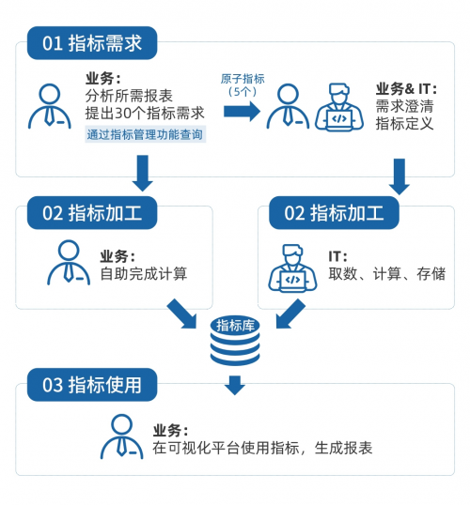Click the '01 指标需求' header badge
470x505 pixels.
pyautogui.click(x=92, y=43)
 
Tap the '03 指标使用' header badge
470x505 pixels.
pyautogui.click(x=92, y=385)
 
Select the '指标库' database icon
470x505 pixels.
pyautogui.click(x=235, y=341)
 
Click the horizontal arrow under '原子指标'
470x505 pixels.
pyautogui.click(x=242, y=112)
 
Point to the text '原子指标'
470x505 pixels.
pyautogui.click(x=243, y=79)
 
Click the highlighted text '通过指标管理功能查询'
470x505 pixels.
pyautogui.click(x=145, y=134)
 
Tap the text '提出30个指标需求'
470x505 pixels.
pyautogui.click(x=145, y=113)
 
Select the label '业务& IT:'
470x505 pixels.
pyautogui.click(x=406, y=88)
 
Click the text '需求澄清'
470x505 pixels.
pyautogui.click(x=404, y=106)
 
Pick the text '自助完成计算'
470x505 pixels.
pyautogui.click(x=144, y=274)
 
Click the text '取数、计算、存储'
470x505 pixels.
pyautogui.click(x=387, y=274)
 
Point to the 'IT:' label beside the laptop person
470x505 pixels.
pyautogui.click(x=337, y=256)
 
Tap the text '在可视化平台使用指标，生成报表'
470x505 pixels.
pyautogui.click(x=262, y=448)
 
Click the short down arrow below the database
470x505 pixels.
pyautogui.click(x=235, y=385)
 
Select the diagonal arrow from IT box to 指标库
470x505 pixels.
pyautogui.click(x=290, y=314)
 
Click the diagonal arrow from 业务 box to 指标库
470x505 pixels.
pyautogui.click(x=182, y=314)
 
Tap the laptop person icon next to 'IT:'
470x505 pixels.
pyautogui.click(x=292, y=268)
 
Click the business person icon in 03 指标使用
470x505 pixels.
pyautogui.click(x=121, y=436)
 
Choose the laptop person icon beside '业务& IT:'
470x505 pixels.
pyautogui.click(x=339, y=107)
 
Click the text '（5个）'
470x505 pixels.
pyautogui.click(x=243, y=92)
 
